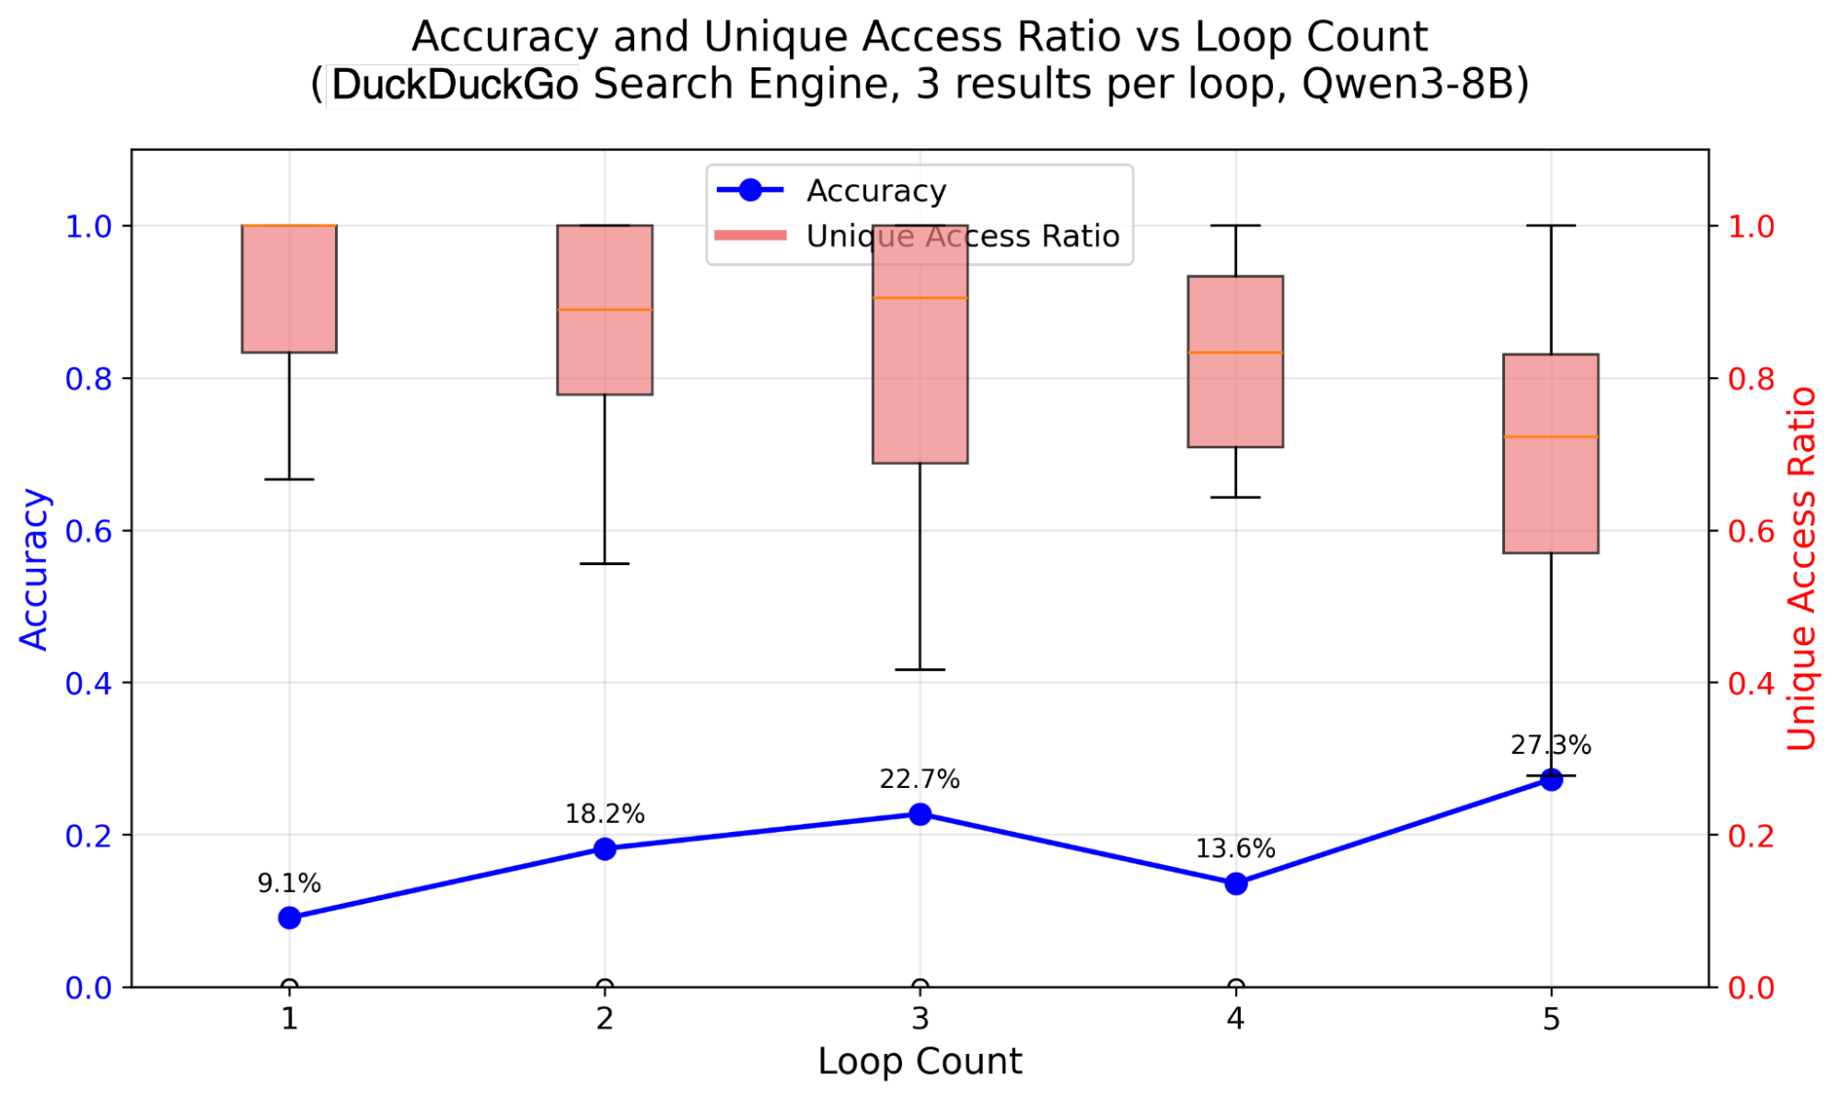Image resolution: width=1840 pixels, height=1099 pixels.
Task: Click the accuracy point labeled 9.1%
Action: (289, 918)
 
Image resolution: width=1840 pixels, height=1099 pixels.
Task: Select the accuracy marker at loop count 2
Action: (605, 849)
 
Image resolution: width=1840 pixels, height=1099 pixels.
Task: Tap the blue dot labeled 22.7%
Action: (920, 814)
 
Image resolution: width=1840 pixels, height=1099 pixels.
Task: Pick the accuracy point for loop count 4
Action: (1235, 884)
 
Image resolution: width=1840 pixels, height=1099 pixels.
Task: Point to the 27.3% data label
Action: (1550, 746)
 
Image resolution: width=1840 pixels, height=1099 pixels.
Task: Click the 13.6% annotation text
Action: (1234, 849)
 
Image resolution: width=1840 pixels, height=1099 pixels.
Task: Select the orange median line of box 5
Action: (1550, 436)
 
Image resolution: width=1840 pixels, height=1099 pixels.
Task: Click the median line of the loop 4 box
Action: (1235, 353)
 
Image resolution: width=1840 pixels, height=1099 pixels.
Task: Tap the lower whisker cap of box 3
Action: (920, 669)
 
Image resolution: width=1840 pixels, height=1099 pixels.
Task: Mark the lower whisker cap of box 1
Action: (289, 480)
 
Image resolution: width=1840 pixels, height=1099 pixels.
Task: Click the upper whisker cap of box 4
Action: (1235, 226)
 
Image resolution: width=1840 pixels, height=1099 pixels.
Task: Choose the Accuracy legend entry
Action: (875, 191)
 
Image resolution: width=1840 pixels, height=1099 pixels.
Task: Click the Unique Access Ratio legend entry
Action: (962, 237)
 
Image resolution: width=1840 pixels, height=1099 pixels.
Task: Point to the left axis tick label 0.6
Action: (87, 531)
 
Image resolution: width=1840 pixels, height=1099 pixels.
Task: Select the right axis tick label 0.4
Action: (1751, 683)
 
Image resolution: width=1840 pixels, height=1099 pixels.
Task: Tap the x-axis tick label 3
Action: (920, 1019)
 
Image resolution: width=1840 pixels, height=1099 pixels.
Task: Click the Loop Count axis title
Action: (920, 1061)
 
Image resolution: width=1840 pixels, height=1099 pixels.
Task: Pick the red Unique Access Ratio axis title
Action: (1801, 568)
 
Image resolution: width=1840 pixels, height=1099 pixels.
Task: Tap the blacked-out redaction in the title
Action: (453, 87)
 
